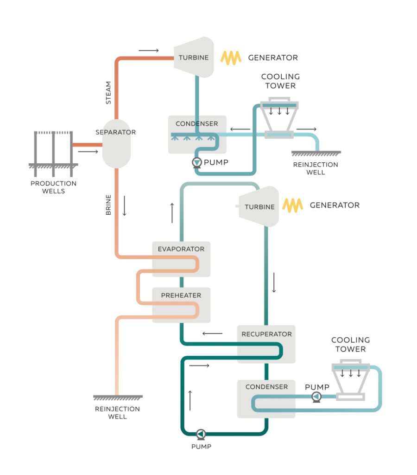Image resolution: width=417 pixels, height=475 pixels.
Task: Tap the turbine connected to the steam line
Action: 194,58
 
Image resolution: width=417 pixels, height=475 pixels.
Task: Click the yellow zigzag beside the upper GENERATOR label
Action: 231,58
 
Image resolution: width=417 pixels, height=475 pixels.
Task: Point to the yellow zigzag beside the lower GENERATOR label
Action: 292,205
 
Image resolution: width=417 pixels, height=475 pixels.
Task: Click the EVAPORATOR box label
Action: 181,249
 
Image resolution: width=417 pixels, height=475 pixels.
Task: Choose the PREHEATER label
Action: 181,295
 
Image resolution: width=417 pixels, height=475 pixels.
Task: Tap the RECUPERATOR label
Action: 266,334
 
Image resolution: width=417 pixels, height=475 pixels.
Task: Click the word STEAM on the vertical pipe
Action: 108,93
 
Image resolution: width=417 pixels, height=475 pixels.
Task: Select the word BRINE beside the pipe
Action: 108,205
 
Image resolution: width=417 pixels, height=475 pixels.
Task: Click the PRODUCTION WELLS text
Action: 53,187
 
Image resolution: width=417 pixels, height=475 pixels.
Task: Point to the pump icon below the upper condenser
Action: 197,162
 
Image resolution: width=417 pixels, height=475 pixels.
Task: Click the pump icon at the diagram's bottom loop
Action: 201,434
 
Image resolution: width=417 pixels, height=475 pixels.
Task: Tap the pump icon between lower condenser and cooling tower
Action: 316,397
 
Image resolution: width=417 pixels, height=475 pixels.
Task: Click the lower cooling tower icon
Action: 350,380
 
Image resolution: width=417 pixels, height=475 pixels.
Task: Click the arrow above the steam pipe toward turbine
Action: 148,50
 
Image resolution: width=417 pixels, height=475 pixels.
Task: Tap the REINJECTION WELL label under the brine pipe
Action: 117,413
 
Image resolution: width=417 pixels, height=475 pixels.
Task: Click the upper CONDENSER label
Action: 196,124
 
